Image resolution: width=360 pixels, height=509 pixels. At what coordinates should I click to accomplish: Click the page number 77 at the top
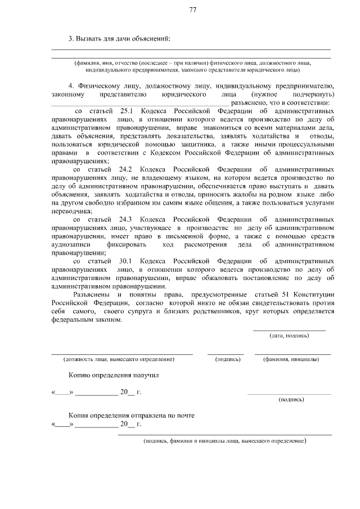coord(193,11)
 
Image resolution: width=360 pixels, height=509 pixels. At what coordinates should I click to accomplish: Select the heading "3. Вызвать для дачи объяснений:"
coord(119,39)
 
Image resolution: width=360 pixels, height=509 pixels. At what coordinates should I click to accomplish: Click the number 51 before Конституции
coord(290,295)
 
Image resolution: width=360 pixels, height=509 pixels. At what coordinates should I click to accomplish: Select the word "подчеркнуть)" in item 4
coord(313,94)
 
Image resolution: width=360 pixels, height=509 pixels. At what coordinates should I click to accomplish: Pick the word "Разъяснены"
coord(92,295)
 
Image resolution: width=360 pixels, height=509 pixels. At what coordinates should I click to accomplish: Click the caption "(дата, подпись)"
coord(289,336)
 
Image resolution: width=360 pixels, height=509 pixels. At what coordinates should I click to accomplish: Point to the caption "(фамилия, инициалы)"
coord(292,359)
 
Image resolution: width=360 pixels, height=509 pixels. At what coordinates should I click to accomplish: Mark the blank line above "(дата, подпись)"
coord(289,330)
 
